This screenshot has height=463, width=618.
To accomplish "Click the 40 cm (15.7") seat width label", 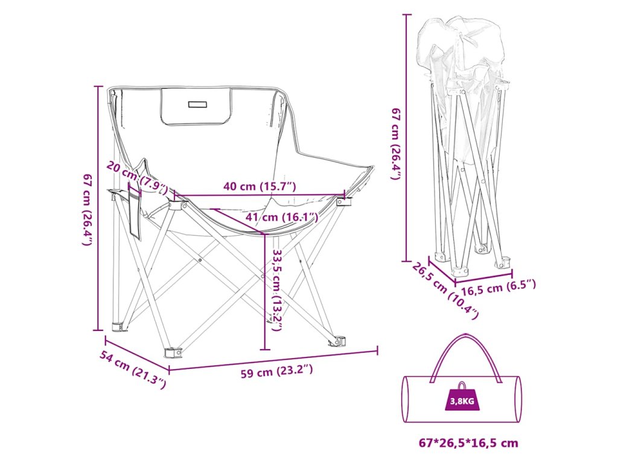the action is pos(260,186).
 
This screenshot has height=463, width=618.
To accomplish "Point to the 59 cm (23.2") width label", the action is pos(277,372).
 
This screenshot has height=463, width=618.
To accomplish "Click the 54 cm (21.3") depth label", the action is pos(133,368).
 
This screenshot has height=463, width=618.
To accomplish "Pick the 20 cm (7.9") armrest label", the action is pos(136,175).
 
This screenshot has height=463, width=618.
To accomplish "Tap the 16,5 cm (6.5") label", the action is pos(495,287).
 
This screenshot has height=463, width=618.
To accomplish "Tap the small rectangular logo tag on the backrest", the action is pos(197,104).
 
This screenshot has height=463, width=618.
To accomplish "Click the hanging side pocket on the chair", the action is pos(134,214).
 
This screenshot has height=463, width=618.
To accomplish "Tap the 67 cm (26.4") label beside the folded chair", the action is pos(396,144).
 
